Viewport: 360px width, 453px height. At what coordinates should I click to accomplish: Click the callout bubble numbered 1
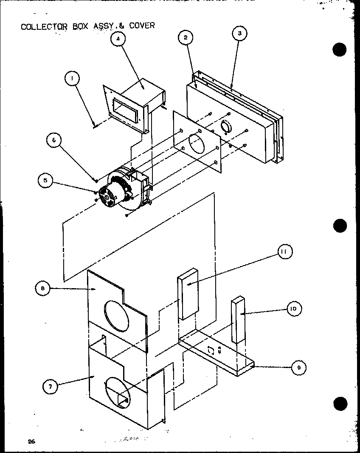(x=73, y=79)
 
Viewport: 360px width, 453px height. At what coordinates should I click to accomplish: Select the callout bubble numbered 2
(x=185, y=37)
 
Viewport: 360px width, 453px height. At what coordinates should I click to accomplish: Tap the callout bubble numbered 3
(x=239, y=34)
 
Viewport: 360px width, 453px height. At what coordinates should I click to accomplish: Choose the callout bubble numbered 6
(x=54, y=141)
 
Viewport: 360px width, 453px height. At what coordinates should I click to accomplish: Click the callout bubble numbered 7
(x=51, y=386)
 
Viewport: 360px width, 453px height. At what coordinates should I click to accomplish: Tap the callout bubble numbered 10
(x=293, y=309)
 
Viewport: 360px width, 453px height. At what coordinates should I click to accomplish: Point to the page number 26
(x=31, y=441)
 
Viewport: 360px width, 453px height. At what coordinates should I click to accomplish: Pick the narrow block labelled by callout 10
(x=238, y=320)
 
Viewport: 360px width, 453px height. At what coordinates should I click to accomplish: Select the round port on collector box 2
(x=227, y=127)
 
